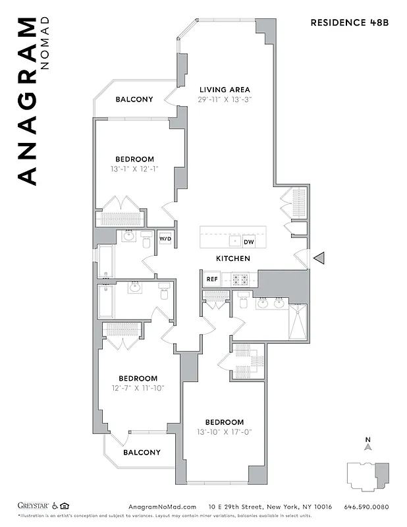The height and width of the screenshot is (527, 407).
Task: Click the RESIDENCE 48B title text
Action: [x=350, y=22]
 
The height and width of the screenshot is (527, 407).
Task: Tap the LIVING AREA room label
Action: [x=225, y=90]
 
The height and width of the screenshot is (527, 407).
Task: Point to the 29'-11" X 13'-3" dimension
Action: [x=225, y=99]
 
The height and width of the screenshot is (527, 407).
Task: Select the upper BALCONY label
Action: [x=134, y=99]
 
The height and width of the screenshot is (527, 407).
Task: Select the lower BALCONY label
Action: [x=142, y=453]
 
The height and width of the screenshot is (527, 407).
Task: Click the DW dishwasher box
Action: [x=248, y=242]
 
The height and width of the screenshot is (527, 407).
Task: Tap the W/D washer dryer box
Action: [x=165, y=238]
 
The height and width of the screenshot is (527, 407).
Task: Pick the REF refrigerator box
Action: [x=211, y=279]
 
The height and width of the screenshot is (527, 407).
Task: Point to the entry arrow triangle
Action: [x=318, y=259]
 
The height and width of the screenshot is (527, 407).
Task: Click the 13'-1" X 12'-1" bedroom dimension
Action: [x=135, y=169]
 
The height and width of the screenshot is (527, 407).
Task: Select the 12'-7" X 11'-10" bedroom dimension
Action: [x=138, y=388]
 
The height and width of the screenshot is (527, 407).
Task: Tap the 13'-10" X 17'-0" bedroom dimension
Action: [x=224, y=432]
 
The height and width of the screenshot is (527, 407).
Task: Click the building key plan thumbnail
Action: [x=368, y=476]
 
